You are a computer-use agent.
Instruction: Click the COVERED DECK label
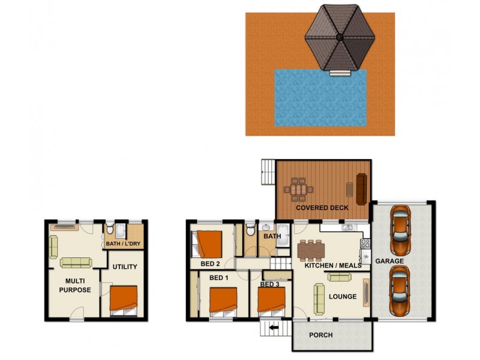322,208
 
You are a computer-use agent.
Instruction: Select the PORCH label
320,335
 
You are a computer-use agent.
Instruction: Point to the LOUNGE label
343,296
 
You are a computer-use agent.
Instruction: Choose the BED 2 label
210,263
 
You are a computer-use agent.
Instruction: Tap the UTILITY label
125,267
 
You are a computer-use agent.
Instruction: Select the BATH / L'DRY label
125,244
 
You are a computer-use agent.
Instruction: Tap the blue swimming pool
320,97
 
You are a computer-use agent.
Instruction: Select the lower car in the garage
400,290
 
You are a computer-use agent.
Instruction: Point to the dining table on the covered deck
298,190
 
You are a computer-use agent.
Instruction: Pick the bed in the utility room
124,299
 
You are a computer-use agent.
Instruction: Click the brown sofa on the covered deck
361,188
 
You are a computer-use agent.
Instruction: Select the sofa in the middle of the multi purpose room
76,262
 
